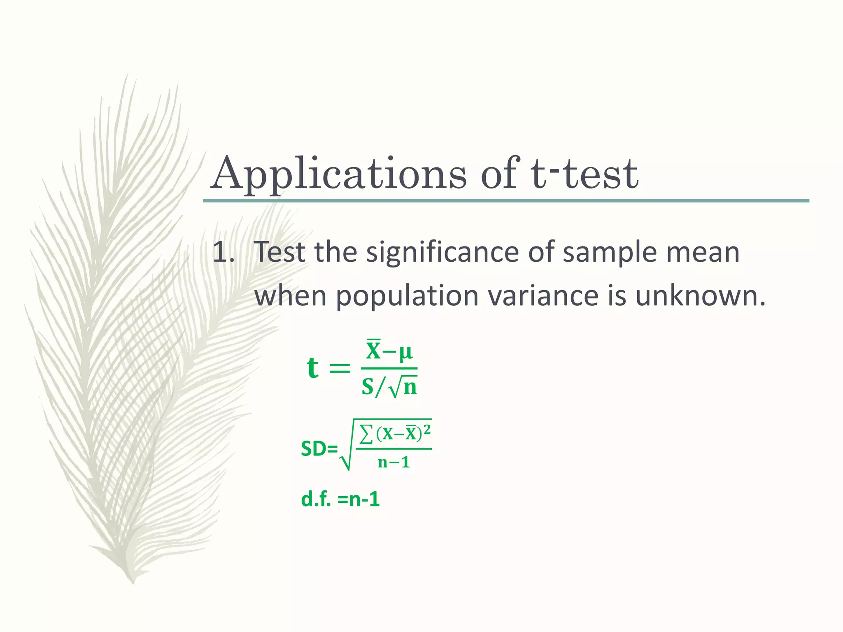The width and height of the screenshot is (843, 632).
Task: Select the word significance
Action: click(x=442, y=252)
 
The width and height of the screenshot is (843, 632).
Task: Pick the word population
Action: click(x=407, y=296)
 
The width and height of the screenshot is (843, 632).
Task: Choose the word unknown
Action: click(x=700, y=296)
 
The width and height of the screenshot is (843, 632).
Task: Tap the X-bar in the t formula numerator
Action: click(x=374, y=351)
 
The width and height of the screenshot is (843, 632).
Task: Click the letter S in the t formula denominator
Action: click(x=368, y=387)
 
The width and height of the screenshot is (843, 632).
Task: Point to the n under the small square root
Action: click(x=410, y=388)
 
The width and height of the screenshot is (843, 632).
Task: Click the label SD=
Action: click(x=319, y=449)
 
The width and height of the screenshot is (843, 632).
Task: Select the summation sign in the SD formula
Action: click(x=366, y=434)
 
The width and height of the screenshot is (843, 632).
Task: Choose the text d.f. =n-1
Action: click(x=340, y=500)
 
